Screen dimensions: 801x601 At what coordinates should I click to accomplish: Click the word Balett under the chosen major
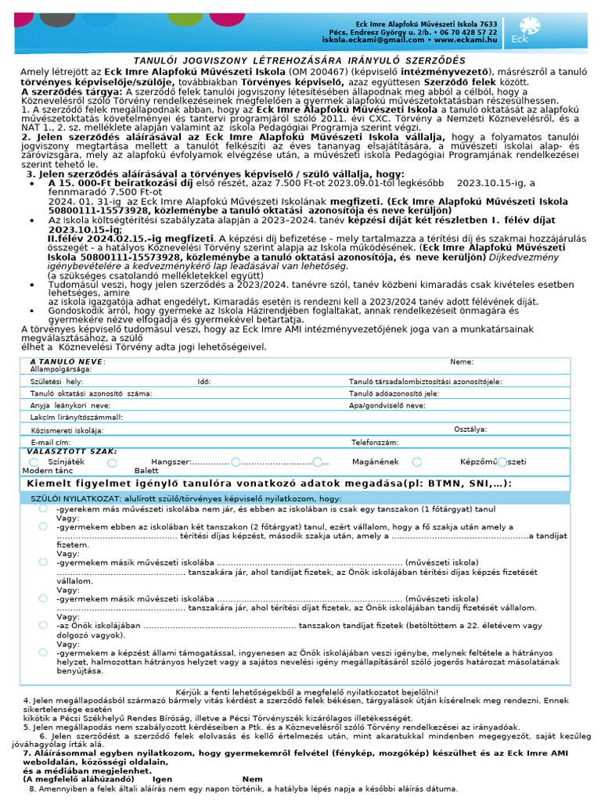click(146, 471)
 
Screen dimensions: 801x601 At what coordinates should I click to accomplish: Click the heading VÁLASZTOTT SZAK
click(72, 451)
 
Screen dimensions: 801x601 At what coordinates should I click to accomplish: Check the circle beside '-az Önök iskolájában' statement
click(43, 624)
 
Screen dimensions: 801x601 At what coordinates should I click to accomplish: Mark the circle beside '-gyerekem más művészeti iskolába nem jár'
click(43, 508)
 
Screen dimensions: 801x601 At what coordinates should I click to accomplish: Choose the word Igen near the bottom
click(163, 779)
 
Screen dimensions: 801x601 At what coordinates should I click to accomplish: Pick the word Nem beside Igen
click(253, 779)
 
